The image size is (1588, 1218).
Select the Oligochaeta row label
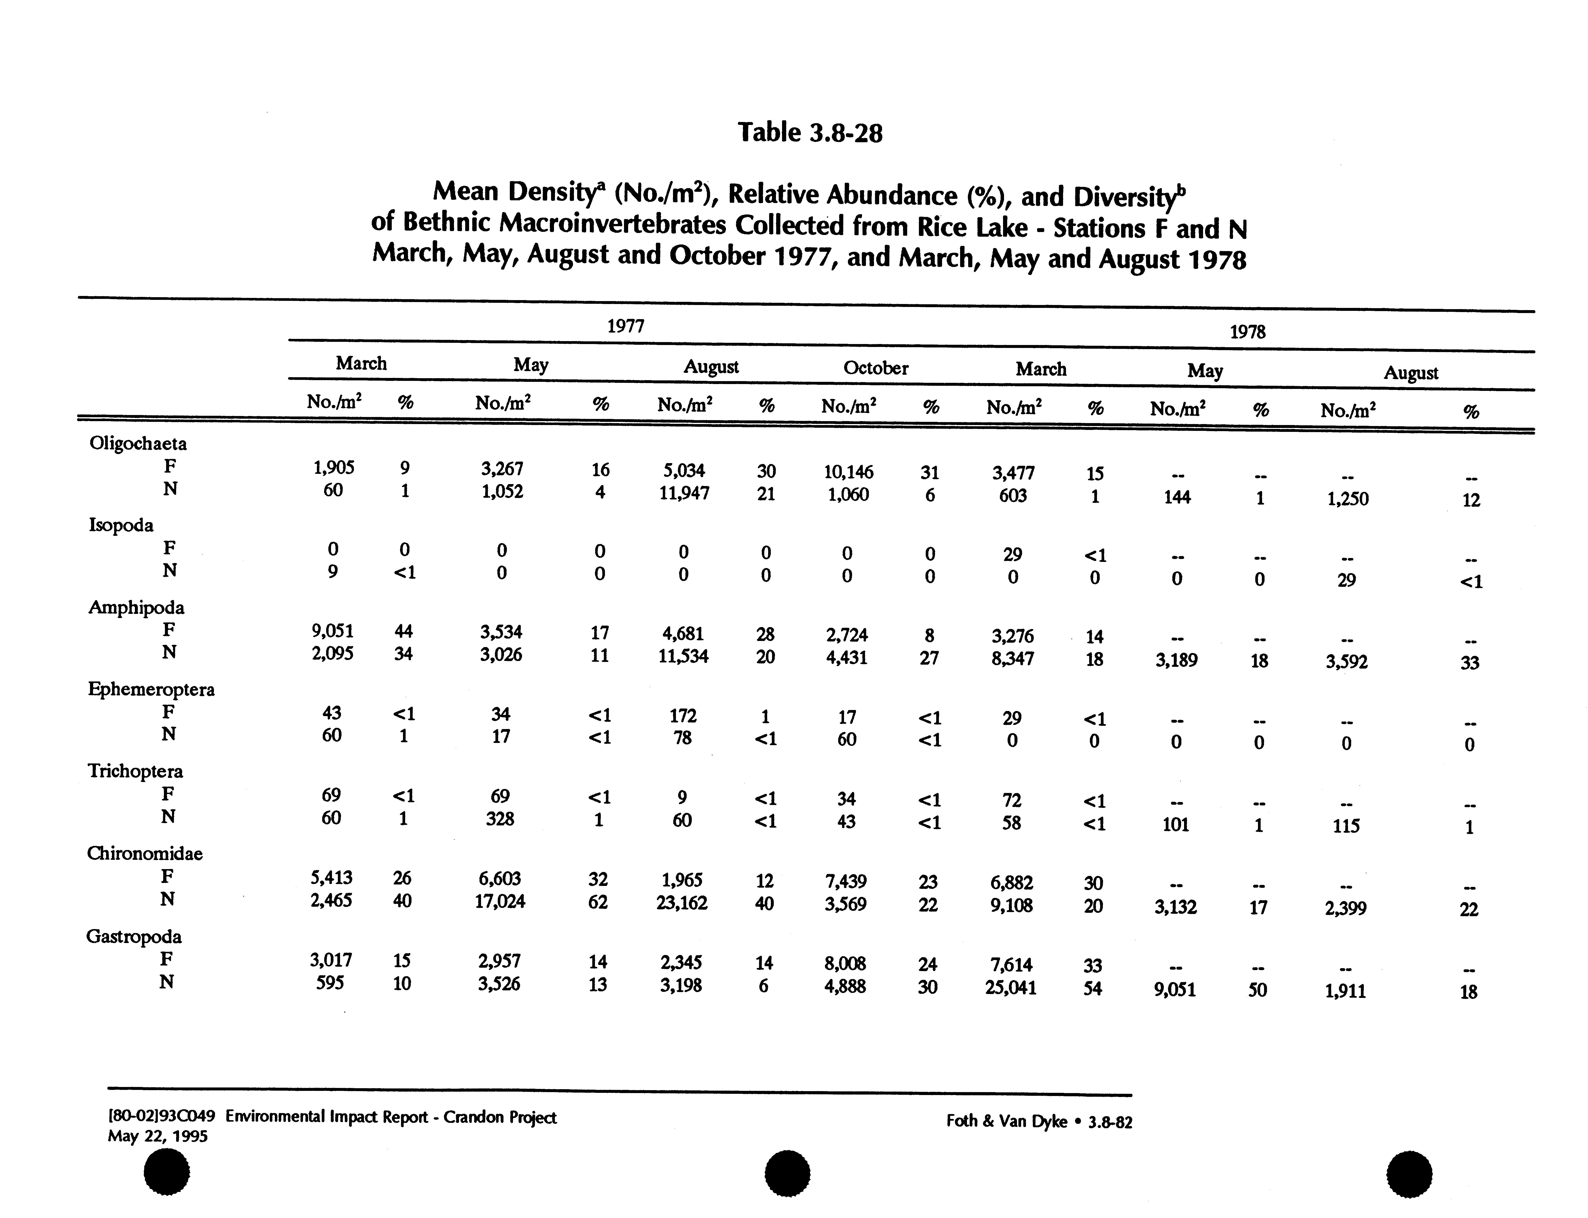point(138,443)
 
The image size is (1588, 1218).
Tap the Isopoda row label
point(121,525)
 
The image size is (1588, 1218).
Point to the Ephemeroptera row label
point(151,689)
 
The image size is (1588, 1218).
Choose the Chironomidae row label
point(145,853)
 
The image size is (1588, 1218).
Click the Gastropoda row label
point(134,936)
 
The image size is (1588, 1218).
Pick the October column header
point(875,368)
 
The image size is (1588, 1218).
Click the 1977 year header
point(625,326)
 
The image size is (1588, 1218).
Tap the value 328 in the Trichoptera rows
point(500,819)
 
